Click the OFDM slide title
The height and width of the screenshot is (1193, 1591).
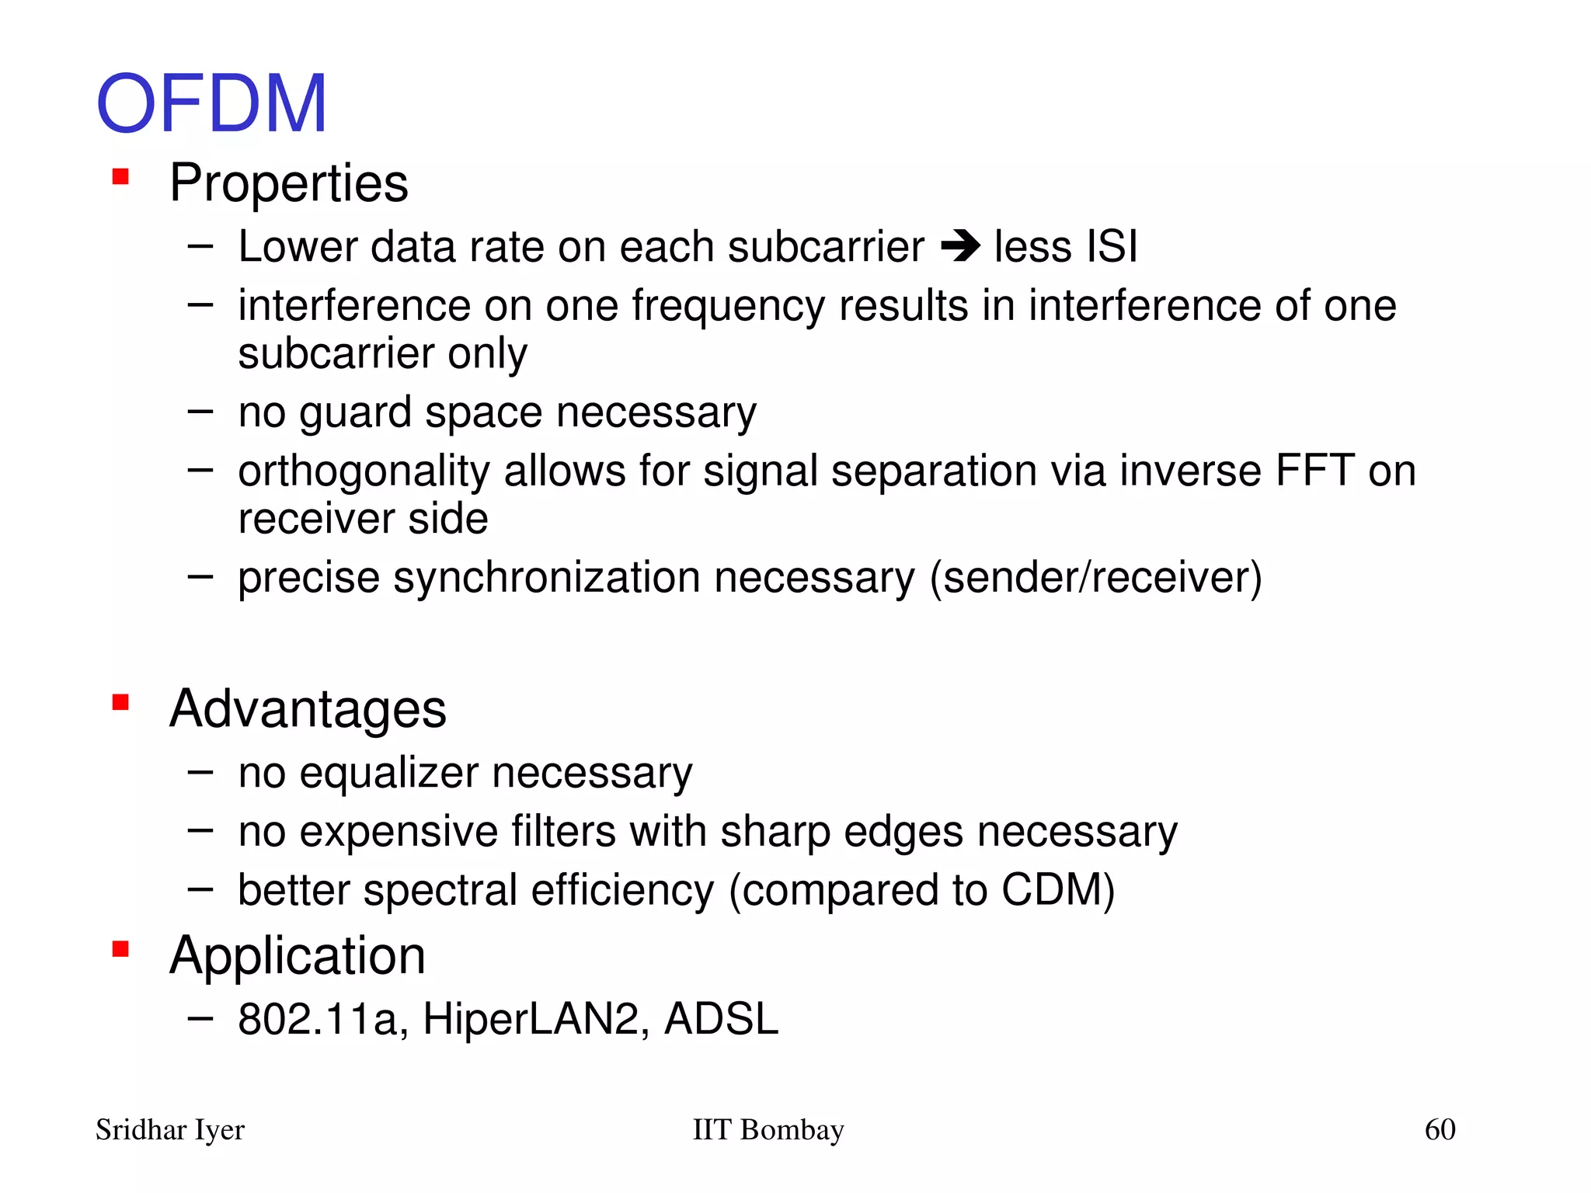pos(211,103)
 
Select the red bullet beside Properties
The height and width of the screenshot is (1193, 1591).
pos(120,177)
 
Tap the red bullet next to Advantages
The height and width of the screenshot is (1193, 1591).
pos(120,703)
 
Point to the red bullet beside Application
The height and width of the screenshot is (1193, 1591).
pos(120,949)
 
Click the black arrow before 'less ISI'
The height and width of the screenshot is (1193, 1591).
pos(960,248)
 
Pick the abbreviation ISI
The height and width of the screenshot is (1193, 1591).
pos(1112,247)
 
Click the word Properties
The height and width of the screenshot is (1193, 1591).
pos(289,183)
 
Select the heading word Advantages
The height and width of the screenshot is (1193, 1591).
pos(308,709)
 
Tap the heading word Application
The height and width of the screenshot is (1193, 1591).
pos(298,955)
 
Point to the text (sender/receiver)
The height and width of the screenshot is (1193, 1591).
pos(1095,578)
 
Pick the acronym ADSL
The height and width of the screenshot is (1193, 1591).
pos(721,1019)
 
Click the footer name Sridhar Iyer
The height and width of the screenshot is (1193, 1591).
pos(170,1130)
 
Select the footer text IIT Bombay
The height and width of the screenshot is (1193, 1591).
pos(768,1130)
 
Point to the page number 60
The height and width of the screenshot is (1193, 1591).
pos(1440,1129)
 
